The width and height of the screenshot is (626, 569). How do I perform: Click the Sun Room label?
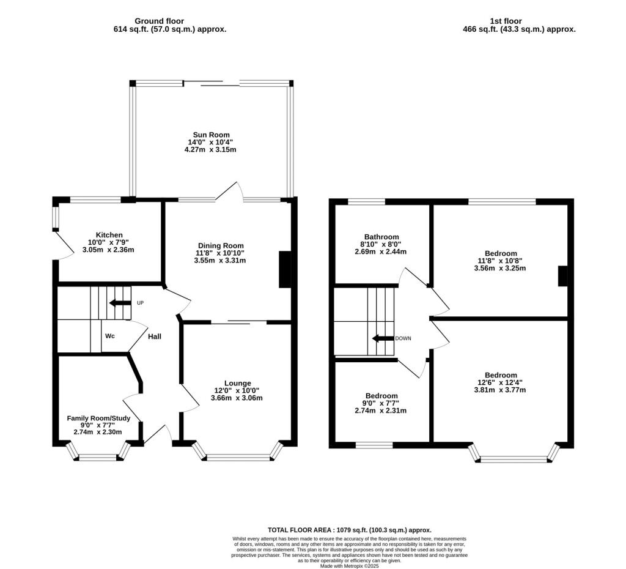point(210,135)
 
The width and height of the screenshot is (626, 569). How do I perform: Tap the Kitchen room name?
point(109,235)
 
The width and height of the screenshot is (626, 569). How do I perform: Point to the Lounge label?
point(237,383)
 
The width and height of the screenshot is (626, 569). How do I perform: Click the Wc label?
point(110,336)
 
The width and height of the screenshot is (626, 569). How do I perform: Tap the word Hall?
point(154,336)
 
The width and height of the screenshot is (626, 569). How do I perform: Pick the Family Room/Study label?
point(98,418)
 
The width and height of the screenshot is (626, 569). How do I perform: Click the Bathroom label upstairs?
point(381,237)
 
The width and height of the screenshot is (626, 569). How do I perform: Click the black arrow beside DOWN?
point(383,338)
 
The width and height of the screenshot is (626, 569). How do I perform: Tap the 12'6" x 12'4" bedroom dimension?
point(501,383)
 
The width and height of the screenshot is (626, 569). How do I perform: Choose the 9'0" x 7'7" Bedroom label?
point(381,396)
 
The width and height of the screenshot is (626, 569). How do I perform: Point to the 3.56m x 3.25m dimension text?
point(501,268)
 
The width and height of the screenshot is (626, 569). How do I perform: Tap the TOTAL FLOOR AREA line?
point(350,530)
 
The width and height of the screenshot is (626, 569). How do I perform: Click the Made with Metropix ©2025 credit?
point(350,566)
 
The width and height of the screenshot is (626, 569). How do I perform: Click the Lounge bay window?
point(238,456)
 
